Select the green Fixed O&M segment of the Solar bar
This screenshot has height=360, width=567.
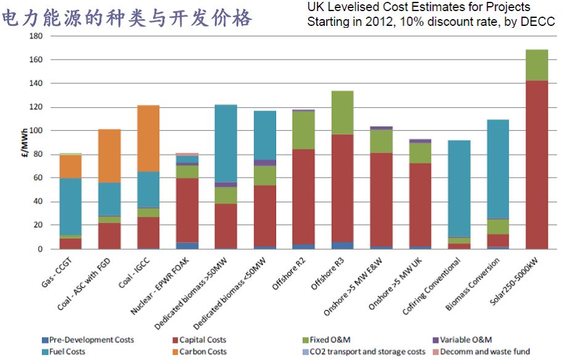pyautogui.click(x=536, y=65)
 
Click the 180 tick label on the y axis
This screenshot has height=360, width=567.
pyautogui.click(x=35, y=36)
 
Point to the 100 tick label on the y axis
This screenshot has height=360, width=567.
pyautogui.click(x=35, y=131)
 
